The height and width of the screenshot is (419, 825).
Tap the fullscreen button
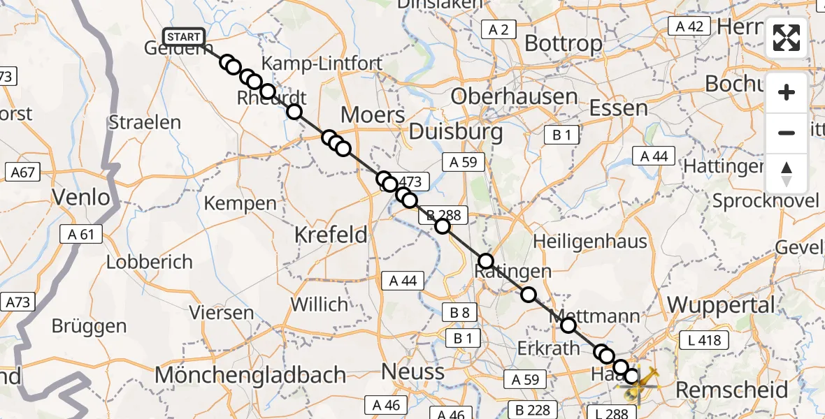click(x=787, y=38)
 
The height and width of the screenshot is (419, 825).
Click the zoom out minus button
click(x=787, y=133)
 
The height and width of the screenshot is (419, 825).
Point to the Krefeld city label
click(x=331, y=235)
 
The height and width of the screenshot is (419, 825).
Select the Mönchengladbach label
click(x=250, y=374)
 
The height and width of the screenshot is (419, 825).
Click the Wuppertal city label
click(x=722, y=305)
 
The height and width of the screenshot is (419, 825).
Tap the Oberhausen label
click(x=514, y=96)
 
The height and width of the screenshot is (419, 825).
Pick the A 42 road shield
click(x=689, y=27)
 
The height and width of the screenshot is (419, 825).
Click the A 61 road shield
click(x=81, y=235)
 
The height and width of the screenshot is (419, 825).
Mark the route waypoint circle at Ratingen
click(x=486, y=262)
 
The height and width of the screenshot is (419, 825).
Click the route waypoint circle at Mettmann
click(x=568, y=325)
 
